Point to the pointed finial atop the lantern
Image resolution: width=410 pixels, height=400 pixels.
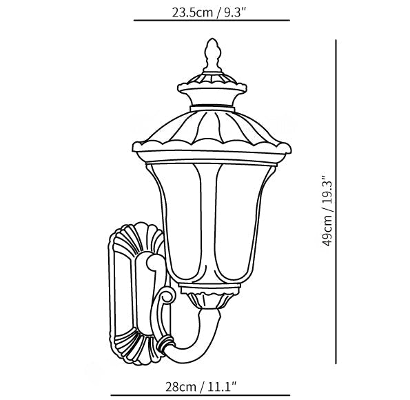(212, 53)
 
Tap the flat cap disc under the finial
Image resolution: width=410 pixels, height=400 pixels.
(212, 86)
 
